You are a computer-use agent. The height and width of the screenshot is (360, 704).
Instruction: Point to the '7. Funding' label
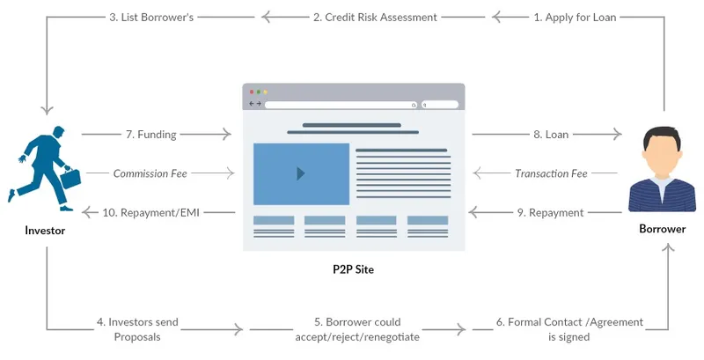150,135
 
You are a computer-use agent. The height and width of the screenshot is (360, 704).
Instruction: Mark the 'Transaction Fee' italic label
551,173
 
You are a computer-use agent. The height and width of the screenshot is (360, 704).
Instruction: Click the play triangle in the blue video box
301,173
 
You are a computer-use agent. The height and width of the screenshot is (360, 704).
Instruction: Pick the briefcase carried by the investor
70,180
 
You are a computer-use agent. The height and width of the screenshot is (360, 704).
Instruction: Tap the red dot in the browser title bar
251,92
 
